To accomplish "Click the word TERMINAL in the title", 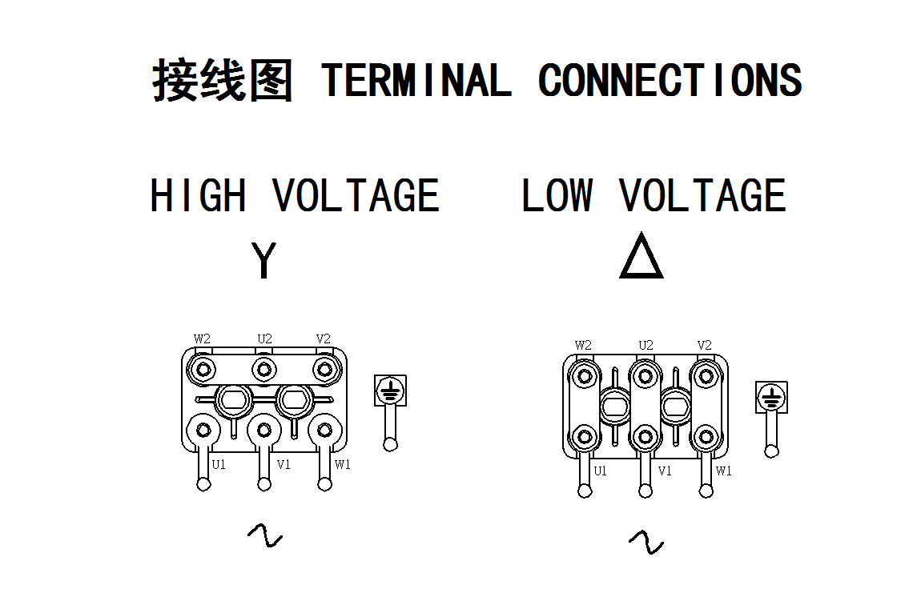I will coord(416,80).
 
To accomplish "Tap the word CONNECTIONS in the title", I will coord(670,80).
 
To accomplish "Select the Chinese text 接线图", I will coord(222,80).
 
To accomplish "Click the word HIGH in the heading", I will coord(198,196).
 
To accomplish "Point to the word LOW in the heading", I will coord(557,196).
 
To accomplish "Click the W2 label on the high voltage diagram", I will coord(202,339).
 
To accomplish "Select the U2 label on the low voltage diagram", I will coord(646,346).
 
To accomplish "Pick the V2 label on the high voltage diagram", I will coord(323,339).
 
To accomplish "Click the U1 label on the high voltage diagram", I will coord(219,464).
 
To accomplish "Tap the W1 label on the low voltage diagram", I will coord(723,471).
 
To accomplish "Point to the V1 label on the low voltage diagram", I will coord(665,471).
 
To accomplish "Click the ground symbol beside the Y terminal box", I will coord(390,391).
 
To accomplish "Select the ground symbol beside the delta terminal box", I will coord(771,397).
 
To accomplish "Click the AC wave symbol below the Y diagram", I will coord(264,535).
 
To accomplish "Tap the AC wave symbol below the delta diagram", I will coord(646,542).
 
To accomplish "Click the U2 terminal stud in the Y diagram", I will coord(263,369).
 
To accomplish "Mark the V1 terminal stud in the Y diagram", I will coord(263,430).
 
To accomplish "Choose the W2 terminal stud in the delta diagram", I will coord(585,375).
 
